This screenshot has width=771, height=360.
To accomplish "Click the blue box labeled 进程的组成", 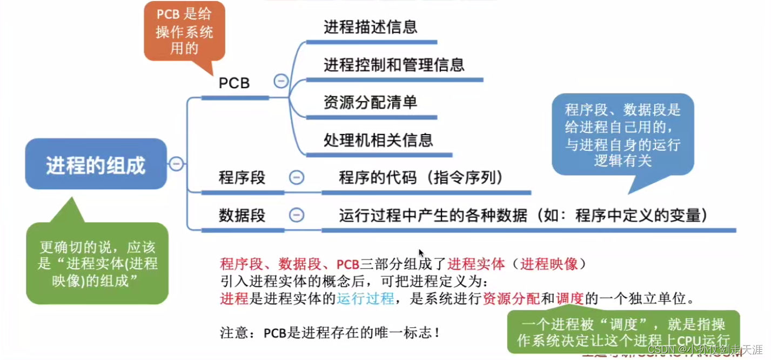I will pyautogui.click(x=96, y=165).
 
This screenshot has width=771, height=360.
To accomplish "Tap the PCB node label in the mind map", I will pyautogui.click(x=234, y=84).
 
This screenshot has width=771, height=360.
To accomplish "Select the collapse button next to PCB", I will pyautogui.click(x=281, y=81).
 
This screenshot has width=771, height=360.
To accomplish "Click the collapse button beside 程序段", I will pyautogui.click(x=296, y=177).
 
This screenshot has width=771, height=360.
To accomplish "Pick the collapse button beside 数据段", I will pyautogui.click(x=296, y=215).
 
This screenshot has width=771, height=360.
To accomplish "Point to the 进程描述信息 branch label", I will pyautogui.click(x=370, y=27).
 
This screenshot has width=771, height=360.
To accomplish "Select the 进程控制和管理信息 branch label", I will pyautogui.click(x=394, y=65).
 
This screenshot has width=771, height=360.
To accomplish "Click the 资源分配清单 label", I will pyautogui.click(x=370, y=102).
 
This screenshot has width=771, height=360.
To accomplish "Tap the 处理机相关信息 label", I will pyautogui.click(x=378, y=140).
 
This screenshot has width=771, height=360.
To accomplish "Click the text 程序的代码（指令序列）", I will pyautogui.click(x=421, y=177).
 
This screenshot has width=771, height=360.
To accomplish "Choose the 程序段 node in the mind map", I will pyautogui.click(x=242, y=177).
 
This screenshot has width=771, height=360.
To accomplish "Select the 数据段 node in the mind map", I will pyautogui.click(x=242, y=215).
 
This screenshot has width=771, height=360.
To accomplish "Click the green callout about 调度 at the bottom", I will pyautogui.click(x=623, y=331).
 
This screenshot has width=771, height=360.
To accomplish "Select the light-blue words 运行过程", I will pyautogui.click(x=365, y=298).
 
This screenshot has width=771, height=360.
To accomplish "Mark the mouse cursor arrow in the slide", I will pyautogui.click(x=421, y=252).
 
